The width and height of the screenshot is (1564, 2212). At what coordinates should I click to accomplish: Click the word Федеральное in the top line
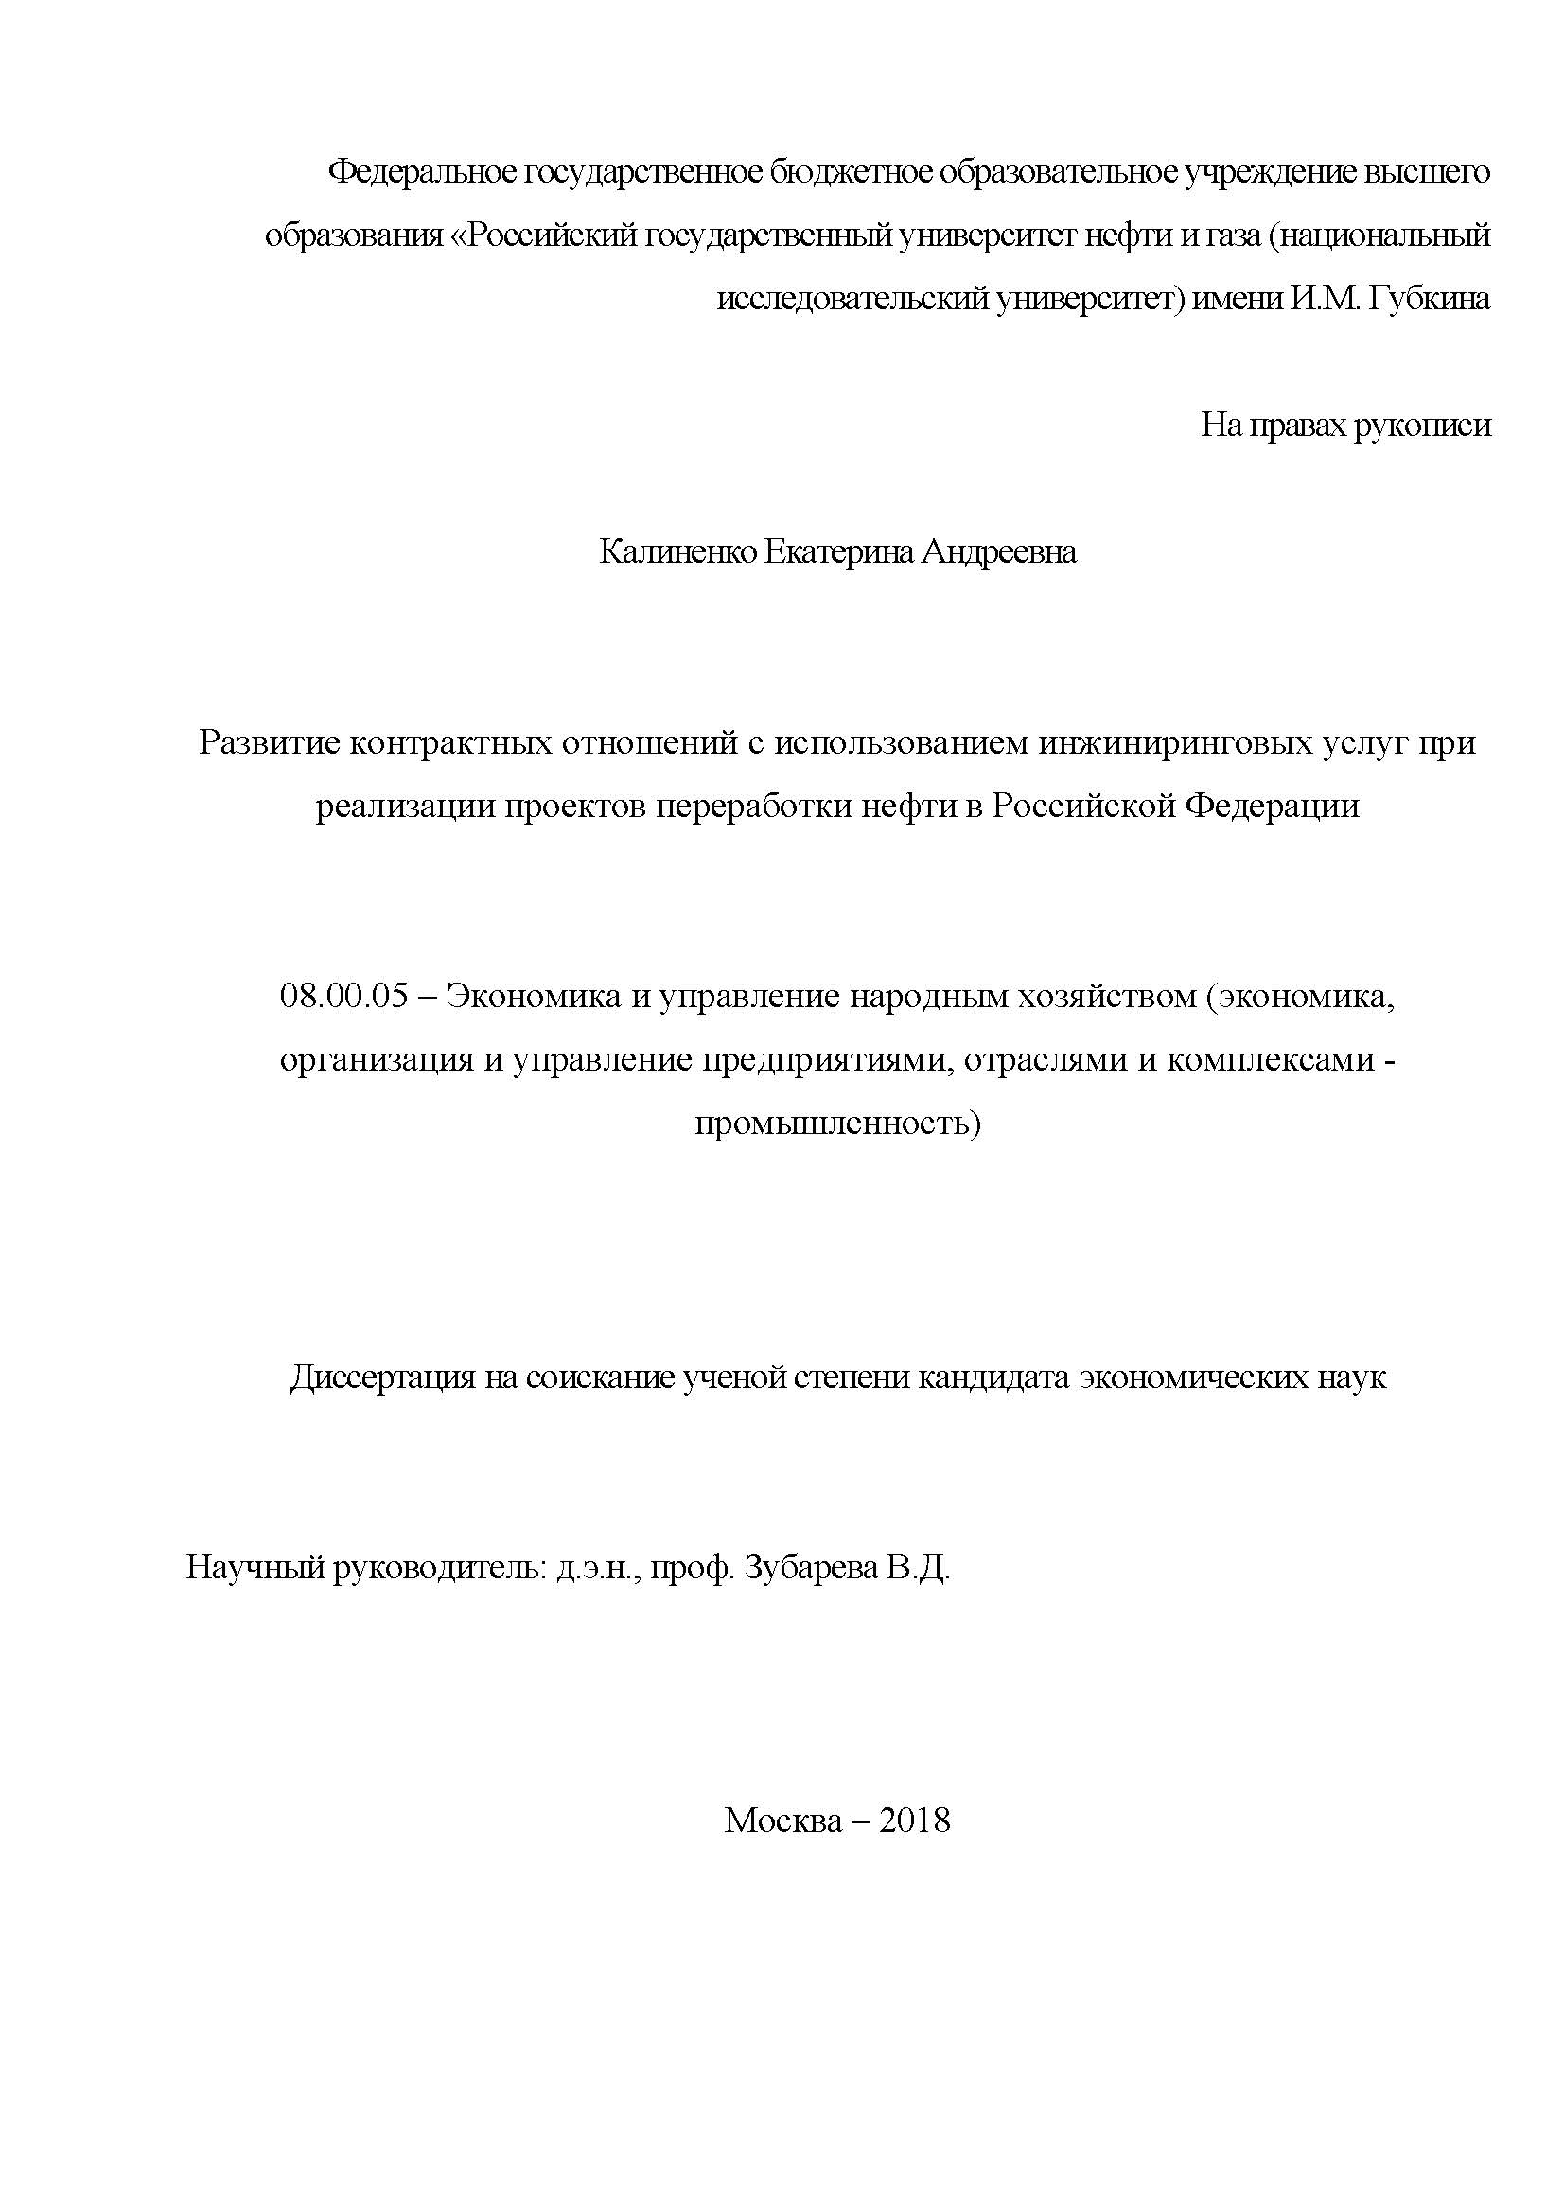421,172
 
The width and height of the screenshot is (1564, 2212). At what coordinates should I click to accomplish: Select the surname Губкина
1428,299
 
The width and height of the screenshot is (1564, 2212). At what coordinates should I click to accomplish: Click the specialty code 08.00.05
344,995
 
